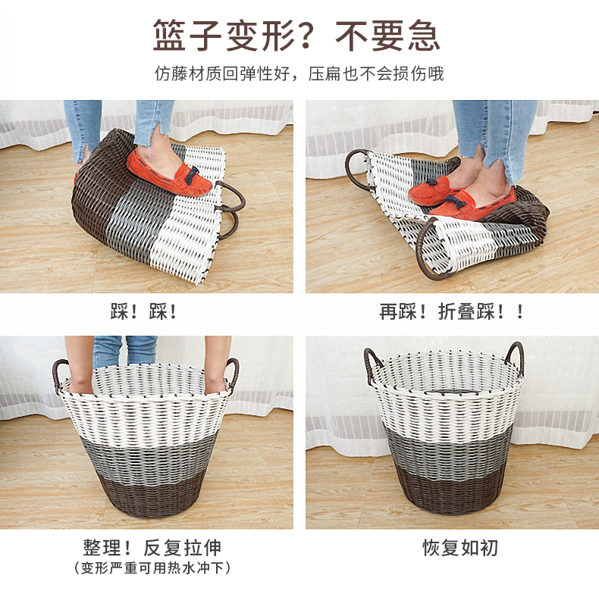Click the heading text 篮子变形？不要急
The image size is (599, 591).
tap(296, 35)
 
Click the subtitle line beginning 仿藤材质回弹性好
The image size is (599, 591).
tap(299, 73)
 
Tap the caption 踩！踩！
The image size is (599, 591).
tap(143, 311)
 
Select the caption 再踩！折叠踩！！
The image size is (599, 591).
tap(451, 311)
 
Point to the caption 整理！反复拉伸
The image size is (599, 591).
tap(152, 548)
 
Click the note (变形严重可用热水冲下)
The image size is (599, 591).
tap(152, 568)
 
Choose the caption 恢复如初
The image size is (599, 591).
tap(460, 548)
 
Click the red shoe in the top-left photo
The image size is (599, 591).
tap(169, 172)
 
